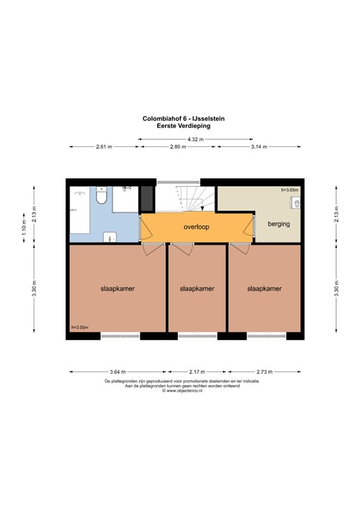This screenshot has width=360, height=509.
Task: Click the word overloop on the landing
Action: (x=197, y=227)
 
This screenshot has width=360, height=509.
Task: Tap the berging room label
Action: (x=278, y=224)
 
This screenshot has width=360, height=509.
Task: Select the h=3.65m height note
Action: (x=290, y=190)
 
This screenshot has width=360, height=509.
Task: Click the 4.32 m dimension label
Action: (x=196, y=139)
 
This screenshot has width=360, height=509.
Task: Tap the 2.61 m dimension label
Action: (x=104, y=147)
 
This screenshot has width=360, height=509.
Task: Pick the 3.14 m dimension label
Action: (x=257, y=147)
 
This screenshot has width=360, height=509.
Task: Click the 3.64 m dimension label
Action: (x=117, y=372)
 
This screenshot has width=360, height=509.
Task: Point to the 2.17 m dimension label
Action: (x=197, y=372)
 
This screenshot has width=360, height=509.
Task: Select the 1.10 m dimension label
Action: (x=24, y=229)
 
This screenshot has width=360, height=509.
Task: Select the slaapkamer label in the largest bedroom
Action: (x=117, y=289)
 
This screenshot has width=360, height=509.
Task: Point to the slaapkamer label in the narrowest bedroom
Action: (x=197, y=289)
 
